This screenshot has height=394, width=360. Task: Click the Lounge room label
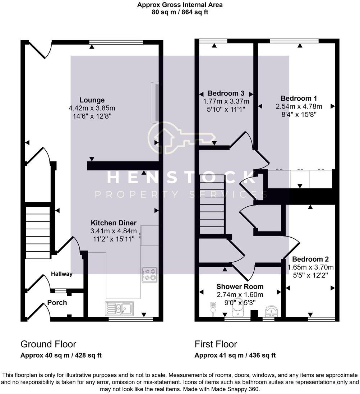pyautogui.click(x=92, y=100)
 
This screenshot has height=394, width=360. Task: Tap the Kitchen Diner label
pyautogui.click(x=113, y=223)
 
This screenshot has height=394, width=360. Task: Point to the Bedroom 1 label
pyautogui.click(x=299, y=98)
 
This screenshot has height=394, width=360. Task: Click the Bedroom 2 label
pyautogui.click(x=310, y=259)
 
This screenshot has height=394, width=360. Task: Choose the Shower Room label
pyautogui.click(x=240, y=287)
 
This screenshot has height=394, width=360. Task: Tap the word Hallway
pyautogui.click(x=61, y=274)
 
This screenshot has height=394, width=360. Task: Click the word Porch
pyautogui.click(x=57, y=303)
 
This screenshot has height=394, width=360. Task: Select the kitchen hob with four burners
pyautogui.click(x=149, y=274)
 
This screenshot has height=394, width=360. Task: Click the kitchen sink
pyautogui.click(x=119, y=308)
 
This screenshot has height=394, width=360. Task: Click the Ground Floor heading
pyautogui.click(x=48, y=344)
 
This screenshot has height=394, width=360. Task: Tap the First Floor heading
pyautogui.click(x=216, y=344)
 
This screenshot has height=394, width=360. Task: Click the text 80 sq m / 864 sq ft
pyautogui.click(x=180, y=12)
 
